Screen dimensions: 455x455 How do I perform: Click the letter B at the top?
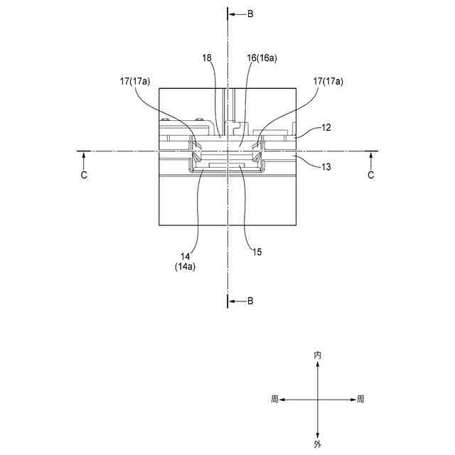coord(250,14)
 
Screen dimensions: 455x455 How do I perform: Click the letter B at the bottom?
coord(250,301)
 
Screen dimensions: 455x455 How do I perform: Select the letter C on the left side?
coord(84,175)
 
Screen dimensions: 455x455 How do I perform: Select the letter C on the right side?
coord(370,175)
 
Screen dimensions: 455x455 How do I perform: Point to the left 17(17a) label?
coord(134,82)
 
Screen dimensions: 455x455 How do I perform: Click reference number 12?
coord(326,128)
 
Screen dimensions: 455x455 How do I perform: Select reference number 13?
coord(326,166)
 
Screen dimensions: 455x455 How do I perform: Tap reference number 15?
coord(257,250)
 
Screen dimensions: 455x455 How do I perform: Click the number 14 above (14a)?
coord(186,256)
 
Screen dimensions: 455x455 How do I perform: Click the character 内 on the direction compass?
coord(317,354)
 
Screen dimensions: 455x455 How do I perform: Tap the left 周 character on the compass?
coord(274,400)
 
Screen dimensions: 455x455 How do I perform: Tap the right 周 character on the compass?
coord(360,400)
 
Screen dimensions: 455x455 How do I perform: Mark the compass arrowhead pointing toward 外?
coord(317,434)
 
